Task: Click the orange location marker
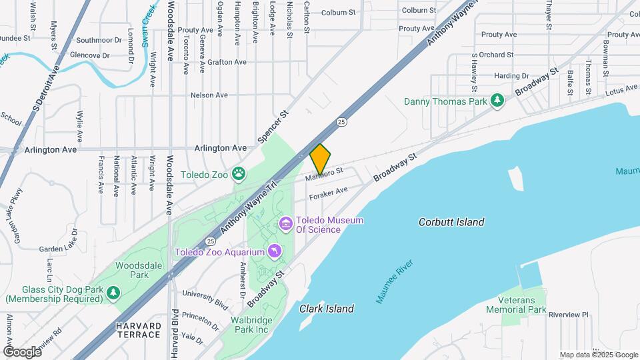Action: (320, 159)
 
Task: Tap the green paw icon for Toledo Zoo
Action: (239, 175)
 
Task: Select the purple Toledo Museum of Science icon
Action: (286, 223)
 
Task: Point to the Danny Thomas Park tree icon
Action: (497, 101)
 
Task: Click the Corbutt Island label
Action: (451, 222)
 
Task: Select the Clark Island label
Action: (326, 309)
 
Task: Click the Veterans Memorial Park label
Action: (516, 305)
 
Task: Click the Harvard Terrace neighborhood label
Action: (138, 329)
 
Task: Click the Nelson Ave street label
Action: (209, 95)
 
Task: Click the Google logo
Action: (22, 351)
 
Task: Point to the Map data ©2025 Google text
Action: (598, 355)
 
